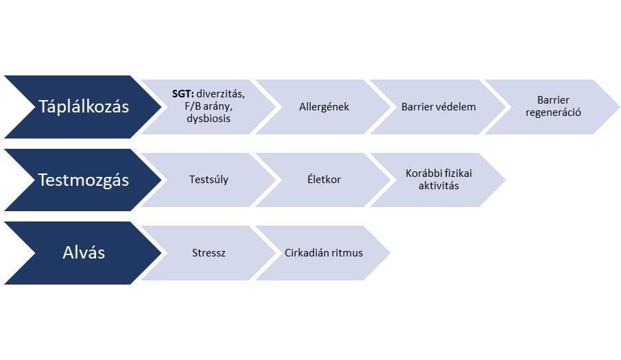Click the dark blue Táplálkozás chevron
[83, 107]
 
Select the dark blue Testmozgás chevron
[83, 180]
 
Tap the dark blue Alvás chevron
[83, 253]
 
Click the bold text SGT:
[183, 94]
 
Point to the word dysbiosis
[209, 119]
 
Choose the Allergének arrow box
[323, 107]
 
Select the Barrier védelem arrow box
[438, 107]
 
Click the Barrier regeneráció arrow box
[553, 107]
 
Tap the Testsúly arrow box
[209, 180]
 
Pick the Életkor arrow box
[323, 180]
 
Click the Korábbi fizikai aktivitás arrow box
[438, 180]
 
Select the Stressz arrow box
[209, 253]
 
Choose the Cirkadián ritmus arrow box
[323, 253]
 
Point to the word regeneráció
[553, 112]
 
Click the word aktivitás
[439, 186]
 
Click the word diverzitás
[220, 94]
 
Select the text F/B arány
[209, 106]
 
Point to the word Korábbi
[422, 173]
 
